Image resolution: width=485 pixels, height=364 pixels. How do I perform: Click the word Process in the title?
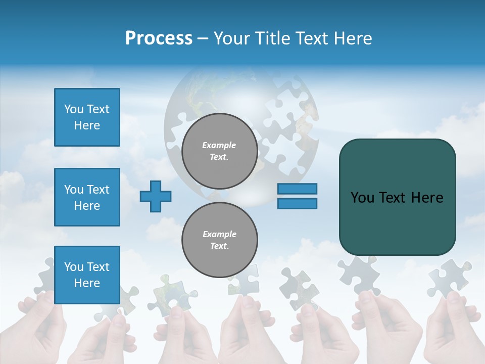pyautogui.click(x=159, y=38)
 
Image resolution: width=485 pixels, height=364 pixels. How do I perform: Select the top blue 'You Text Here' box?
pyautogui.click(x=87, y=117)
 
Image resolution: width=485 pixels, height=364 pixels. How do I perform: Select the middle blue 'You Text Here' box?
pyautogui.click(x=87, y=197)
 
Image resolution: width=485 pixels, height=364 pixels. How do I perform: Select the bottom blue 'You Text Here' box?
pyautogui.click(x=87, y=275)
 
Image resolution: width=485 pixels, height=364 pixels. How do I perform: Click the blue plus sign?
pyautogui.click(x=156, y=196)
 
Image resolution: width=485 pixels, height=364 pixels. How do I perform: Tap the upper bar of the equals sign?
pyautogui.click(x=297, y=189)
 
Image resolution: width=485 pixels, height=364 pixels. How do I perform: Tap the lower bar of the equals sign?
pyautogui.click(x=297, y=203)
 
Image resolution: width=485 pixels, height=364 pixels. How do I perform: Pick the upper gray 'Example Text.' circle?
pyautogui.click(x=219, y=151)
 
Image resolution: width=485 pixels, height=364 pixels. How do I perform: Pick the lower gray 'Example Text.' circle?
pyautogui.click(x=219, y=240)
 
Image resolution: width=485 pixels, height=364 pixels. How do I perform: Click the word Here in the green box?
pyautogui.click(x=427, y=198)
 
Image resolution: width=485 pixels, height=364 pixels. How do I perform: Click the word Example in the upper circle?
pyautogui.click(x=219, y=145)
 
